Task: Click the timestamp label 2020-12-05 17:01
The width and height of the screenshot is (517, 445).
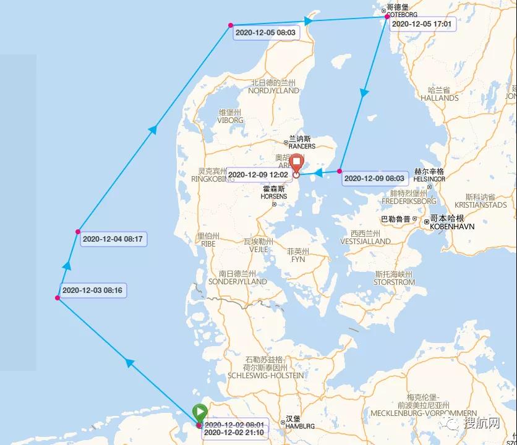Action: (x=423, y=24)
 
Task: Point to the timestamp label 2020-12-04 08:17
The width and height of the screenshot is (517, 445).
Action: (x=113, y=239)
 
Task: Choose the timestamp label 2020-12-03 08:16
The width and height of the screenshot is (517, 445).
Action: (x=92, y=290)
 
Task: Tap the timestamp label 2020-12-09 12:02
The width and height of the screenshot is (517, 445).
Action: (x=258, y=175)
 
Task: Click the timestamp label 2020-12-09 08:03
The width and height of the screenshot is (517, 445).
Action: (x=374, y=178)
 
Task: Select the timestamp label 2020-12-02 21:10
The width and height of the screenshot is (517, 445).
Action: (x=234, y=433)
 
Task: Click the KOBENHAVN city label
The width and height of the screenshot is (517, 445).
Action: (x=452, y=227)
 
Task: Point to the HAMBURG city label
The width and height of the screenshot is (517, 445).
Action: (x=300, y=426)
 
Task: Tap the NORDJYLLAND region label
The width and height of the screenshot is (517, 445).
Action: (x=273, y=90)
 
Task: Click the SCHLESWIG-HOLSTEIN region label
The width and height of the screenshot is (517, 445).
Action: (x=266, y=375)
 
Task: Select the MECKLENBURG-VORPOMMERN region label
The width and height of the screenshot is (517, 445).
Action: (x=424, y=413)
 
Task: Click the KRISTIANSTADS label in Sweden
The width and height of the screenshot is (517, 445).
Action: (x=481, y=205)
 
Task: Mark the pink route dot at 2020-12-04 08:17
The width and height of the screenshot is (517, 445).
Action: (x=78, y=232)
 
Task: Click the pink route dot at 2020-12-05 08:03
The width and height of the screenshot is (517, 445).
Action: (x=231, y=25)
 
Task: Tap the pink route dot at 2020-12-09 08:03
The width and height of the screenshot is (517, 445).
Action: (x=340, y=171)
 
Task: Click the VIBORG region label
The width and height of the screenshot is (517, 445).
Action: (x=230, y=121)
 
